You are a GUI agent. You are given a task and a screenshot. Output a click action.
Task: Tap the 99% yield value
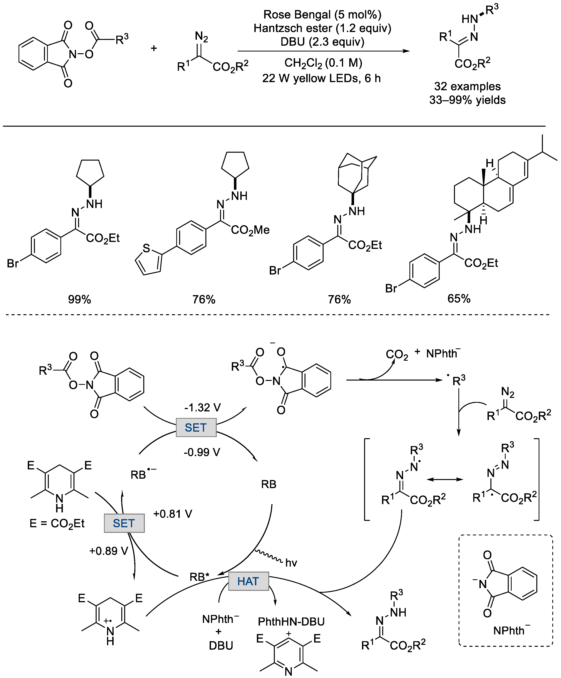pos(79,299)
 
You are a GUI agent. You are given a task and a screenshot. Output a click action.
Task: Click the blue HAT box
pos(248,581)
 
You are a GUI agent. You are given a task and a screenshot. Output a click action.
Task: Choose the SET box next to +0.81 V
pos(124,523)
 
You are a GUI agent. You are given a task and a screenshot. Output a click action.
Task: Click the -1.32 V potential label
pos(202,408)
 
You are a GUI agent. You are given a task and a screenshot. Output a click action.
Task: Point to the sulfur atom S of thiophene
pos(146,248)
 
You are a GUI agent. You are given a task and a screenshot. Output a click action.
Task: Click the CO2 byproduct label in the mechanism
pos(397,355)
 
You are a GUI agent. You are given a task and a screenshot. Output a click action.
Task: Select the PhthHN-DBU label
pos(291,622)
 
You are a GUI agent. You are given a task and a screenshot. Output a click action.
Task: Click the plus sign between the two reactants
pos(154,48)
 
